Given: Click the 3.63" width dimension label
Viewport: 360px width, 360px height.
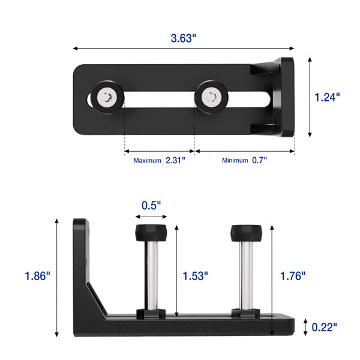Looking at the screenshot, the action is pyautogui.click(x=184, y=38).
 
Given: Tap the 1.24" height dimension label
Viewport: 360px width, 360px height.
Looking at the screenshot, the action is pyautogui.click(x=327, y=97).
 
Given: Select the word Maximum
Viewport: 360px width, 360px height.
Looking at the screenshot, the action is pyautogui.click(x=147, y=160).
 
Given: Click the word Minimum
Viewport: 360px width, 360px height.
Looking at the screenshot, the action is pyautogui.click(x=235, y=160).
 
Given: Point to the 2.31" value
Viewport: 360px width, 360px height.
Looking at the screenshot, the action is pyautogui.click(x=175, y=160).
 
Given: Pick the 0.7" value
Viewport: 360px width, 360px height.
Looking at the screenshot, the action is pyautogui.click(x=259, y=160).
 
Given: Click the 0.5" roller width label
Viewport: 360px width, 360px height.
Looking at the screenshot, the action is pyautogui.click(x=151, y=205).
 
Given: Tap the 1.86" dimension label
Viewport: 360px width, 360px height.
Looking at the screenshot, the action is pyautogui.click(x=37, y=276).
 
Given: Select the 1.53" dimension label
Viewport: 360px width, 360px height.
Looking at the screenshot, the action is pyautogui.click(x=195, y=276).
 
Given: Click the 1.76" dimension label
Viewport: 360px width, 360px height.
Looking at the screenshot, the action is pyautogui.click(x=293, y=276).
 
